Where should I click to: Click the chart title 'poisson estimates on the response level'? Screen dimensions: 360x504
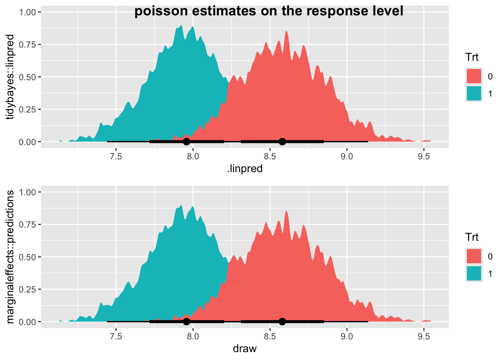(268, 11)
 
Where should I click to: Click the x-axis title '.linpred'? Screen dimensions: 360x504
(244, 169)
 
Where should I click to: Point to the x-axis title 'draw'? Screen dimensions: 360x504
(244, 349)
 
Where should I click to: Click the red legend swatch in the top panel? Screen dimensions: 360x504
(474, 76)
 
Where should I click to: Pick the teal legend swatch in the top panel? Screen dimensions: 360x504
(474, 93)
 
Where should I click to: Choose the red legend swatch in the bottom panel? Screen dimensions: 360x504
(474, 256)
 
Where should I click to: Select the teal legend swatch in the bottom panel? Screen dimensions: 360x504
(474, 273)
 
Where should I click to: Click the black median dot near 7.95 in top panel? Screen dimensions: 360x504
(186, 141)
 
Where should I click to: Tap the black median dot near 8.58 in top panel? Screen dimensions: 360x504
(282, 141)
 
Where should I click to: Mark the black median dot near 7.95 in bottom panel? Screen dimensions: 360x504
(186, 321)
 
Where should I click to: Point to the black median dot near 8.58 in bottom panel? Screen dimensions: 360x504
(282, 321)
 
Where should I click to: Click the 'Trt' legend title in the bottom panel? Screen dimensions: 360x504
(472, 237)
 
